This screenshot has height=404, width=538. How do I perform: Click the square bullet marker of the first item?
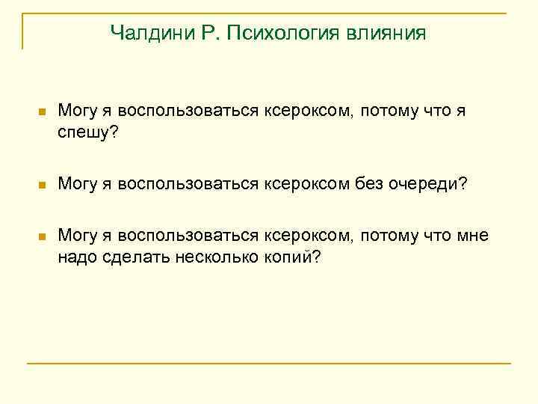click(x=42, y=112)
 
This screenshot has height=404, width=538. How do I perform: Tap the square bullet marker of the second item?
click(x=42, y=184)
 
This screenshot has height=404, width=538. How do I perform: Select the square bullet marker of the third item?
click(x=42, y=236)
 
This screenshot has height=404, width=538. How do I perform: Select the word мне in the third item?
click(x=471, y=236)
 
